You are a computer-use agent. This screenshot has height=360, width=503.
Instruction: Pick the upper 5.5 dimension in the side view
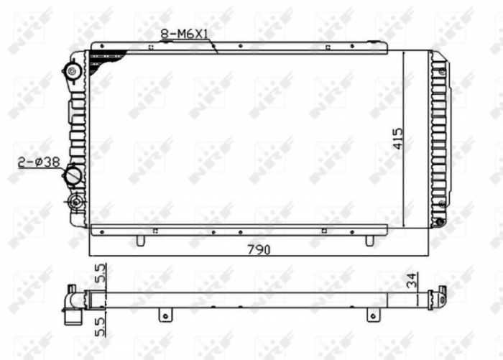coord(101,274)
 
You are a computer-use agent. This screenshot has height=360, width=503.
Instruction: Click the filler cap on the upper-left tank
coord(73,71)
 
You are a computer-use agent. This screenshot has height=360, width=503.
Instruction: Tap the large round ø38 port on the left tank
coord(73,175)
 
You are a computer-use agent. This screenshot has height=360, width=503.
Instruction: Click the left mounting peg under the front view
coord(140,240)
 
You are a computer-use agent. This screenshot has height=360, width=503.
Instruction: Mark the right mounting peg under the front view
coord(369,240)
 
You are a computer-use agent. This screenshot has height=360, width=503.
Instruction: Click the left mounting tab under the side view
coord(165,315)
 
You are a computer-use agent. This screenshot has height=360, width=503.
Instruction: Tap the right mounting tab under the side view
coord(372,315)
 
